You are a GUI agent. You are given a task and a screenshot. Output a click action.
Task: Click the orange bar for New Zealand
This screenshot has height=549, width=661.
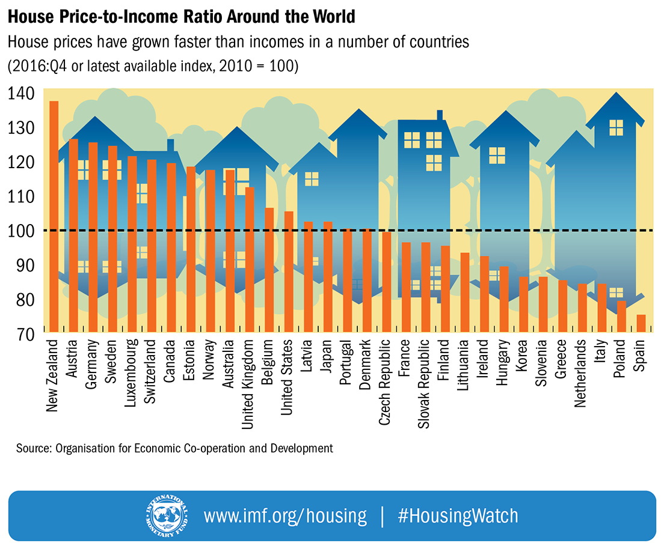click(54, 216)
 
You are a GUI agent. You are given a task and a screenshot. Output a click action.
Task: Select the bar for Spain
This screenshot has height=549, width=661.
click(641, 323)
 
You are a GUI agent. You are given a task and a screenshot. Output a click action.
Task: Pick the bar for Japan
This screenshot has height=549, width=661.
click(328, 277)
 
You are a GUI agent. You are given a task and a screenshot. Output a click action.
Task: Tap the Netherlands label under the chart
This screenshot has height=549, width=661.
click(582, 374)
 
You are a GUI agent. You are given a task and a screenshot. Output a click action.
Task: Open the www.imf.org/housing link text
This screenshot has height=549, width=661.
click(284, 516)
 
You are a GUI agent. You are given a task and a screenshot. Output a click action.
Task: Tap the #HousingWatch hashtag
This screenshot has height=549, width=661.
click(457, 516)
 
